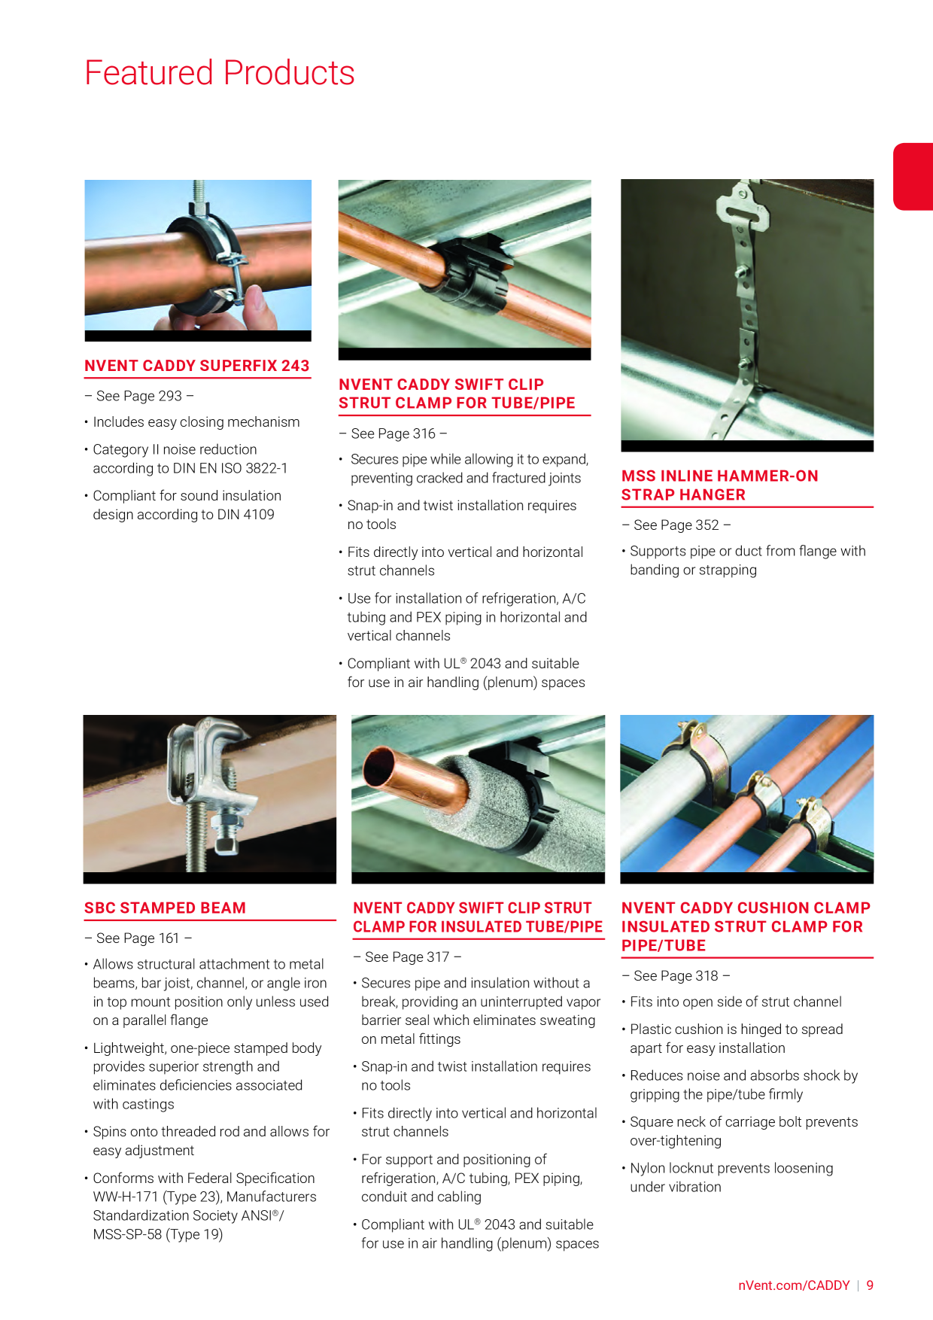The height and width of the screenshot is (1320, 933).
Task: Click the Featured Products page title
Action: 219,73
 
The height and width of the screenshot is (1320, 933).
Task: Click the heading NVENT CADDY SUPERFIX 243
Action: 197,366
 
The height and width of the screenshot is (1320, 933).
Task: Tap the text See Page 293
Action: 139,396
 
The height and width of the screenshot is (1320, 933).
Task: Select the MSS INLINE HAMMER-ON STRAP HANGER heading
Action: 720,485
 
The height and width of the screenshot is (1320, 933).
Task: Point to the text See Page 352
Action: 676,525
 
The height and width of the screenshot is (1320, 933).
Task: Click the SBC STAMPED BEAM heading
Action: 166,908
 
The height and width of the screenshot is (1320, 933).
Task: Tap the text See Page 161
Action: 138,938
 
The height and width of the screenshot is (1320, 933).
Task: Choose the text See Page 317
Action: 407,957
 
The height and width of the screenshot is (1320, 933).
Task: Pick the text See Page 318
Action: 676,976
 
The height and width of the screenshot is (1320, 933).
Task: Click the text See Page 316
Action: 394,433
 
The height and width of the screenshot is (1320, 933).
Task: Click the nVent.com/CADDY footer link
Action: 794,1285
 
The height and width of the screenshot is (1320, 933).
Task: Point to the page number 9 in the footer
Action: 870,1285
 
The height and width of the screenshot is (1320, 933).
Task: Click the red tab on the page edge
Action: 913,176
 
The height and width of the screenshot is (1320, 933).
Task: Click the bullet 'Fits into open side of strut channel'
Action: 736,1002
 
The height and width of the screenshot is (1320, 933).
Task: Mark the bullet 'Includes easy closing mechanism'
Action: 196,422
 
